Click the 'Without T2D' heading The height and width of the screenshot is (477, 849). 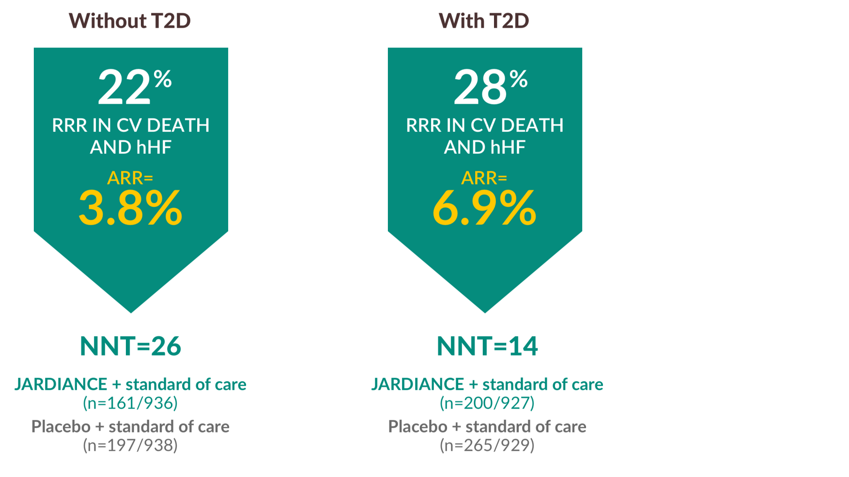pos(130,21)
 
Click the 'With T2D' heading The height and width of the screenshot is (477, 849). pos(484,21)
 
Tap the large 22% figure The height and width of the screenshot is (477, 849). pos(134,87)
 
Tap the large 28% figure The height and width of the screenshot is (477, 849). pos(490,87)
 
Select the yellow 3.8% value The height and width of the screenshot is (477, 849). pos(131,208)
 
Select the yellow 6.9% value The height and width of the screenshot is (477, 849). pos(484,208)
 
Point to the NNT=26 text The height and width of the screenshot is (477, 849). pos(131,346)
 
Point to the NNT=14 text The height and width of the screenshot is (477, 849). pos(487,346)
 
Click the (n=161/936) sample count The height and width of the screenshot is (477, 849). pos(131,403)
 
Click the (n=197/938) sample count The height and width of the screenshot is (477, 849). pos(131,445)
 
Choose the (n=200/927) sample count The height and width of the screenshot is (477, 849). pos(487,403)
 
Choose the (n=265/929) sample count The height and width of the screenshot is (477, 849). pos(487,445)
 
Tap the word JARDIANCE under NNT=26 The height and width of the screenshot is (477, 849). pos(61,384)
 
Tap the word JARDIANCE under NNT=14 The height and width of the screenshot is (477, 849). pos(417,384)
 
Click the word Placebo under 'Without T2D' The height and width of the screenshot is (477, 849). pos(61,426)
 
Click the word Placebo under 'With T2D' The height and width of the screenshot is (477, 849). pos(417,426)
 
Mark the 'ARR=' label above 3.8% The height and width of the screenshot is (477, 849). pos(130,178)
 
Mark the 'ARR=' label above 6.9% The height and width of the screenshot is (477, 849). pos(484,178)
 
